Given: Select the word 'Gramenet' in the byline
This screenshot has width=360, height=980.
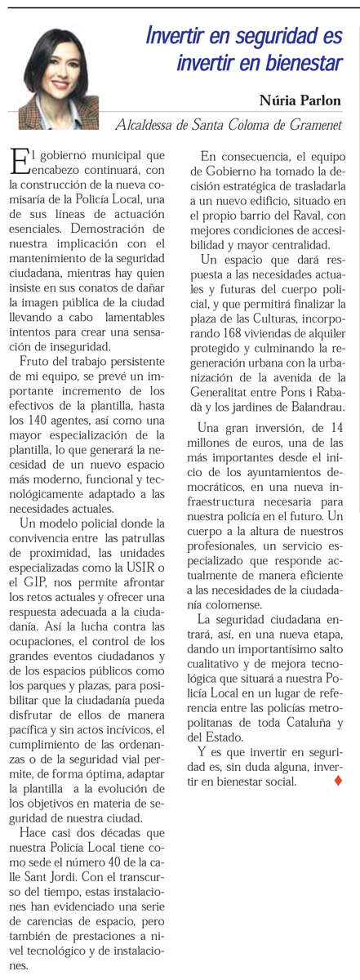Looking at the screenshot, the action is pos(314,125).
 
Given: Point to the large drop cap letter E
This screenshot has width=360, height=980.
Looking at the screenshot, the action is pos(19,163).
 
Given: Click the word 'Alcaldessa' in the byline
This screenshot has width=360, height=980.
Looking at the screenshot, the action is pos(144,125).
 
